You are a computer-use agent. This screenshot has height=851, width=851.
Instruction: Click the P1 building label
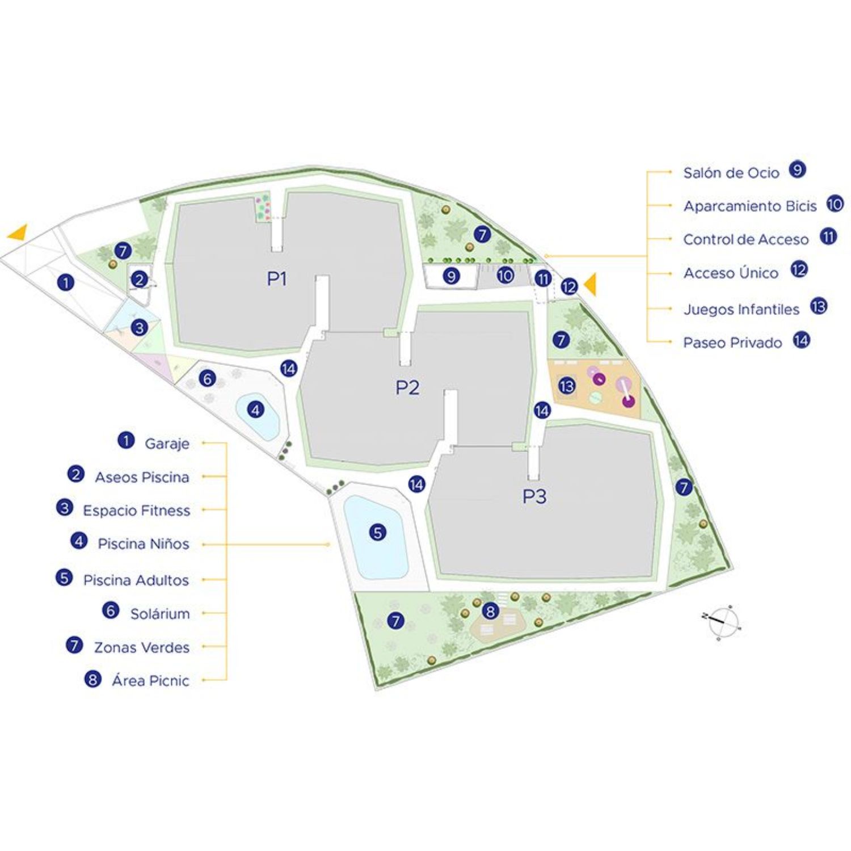point(277,279)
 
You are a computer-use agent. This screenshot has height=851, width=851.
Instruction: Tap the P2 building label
point(407,387)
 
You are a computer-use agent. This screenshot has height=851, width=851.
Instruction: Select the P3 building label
point(534,496)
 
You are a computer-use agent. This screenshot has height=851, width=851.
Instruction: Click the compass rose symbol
point(722,621)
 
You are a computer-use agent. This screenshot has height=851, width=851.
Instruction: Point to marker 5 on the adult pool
point(377,532)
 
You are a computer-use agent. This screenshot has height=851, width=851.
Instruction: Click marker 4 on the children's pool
point(256,409)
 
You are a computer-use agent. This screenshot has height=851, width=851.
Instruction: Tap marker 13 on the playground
point(567,386)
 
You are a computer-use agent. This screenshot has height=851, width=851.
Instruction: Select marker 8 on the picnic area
point(490,611)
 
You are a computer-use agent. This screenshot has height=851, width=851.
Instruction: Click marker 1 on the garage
point(66,282)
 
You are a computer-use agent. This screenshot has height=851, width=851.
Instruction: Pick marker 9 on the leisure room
point(451,276)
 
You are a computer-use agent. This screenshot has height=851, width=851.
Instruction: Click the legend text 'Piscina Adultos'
point(136,580)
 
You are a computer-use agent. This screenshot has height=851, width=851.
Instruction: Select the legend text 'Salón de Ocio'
point(731,172)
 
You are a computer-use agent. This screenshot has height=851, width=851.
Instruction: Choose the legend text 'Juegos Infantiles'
point(741,309)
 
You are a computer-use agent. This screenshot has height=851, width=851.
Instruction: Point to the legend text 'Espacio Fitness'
point(137,510)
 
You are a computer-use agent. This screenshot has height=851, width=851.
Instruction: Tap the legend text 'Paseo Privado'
point(732,343)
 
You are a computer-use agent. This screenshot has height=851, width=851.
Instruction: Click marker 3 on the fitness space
point(139,327)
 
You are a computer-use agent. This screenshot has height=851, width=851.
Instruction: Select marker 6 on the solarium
point(208,378)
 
